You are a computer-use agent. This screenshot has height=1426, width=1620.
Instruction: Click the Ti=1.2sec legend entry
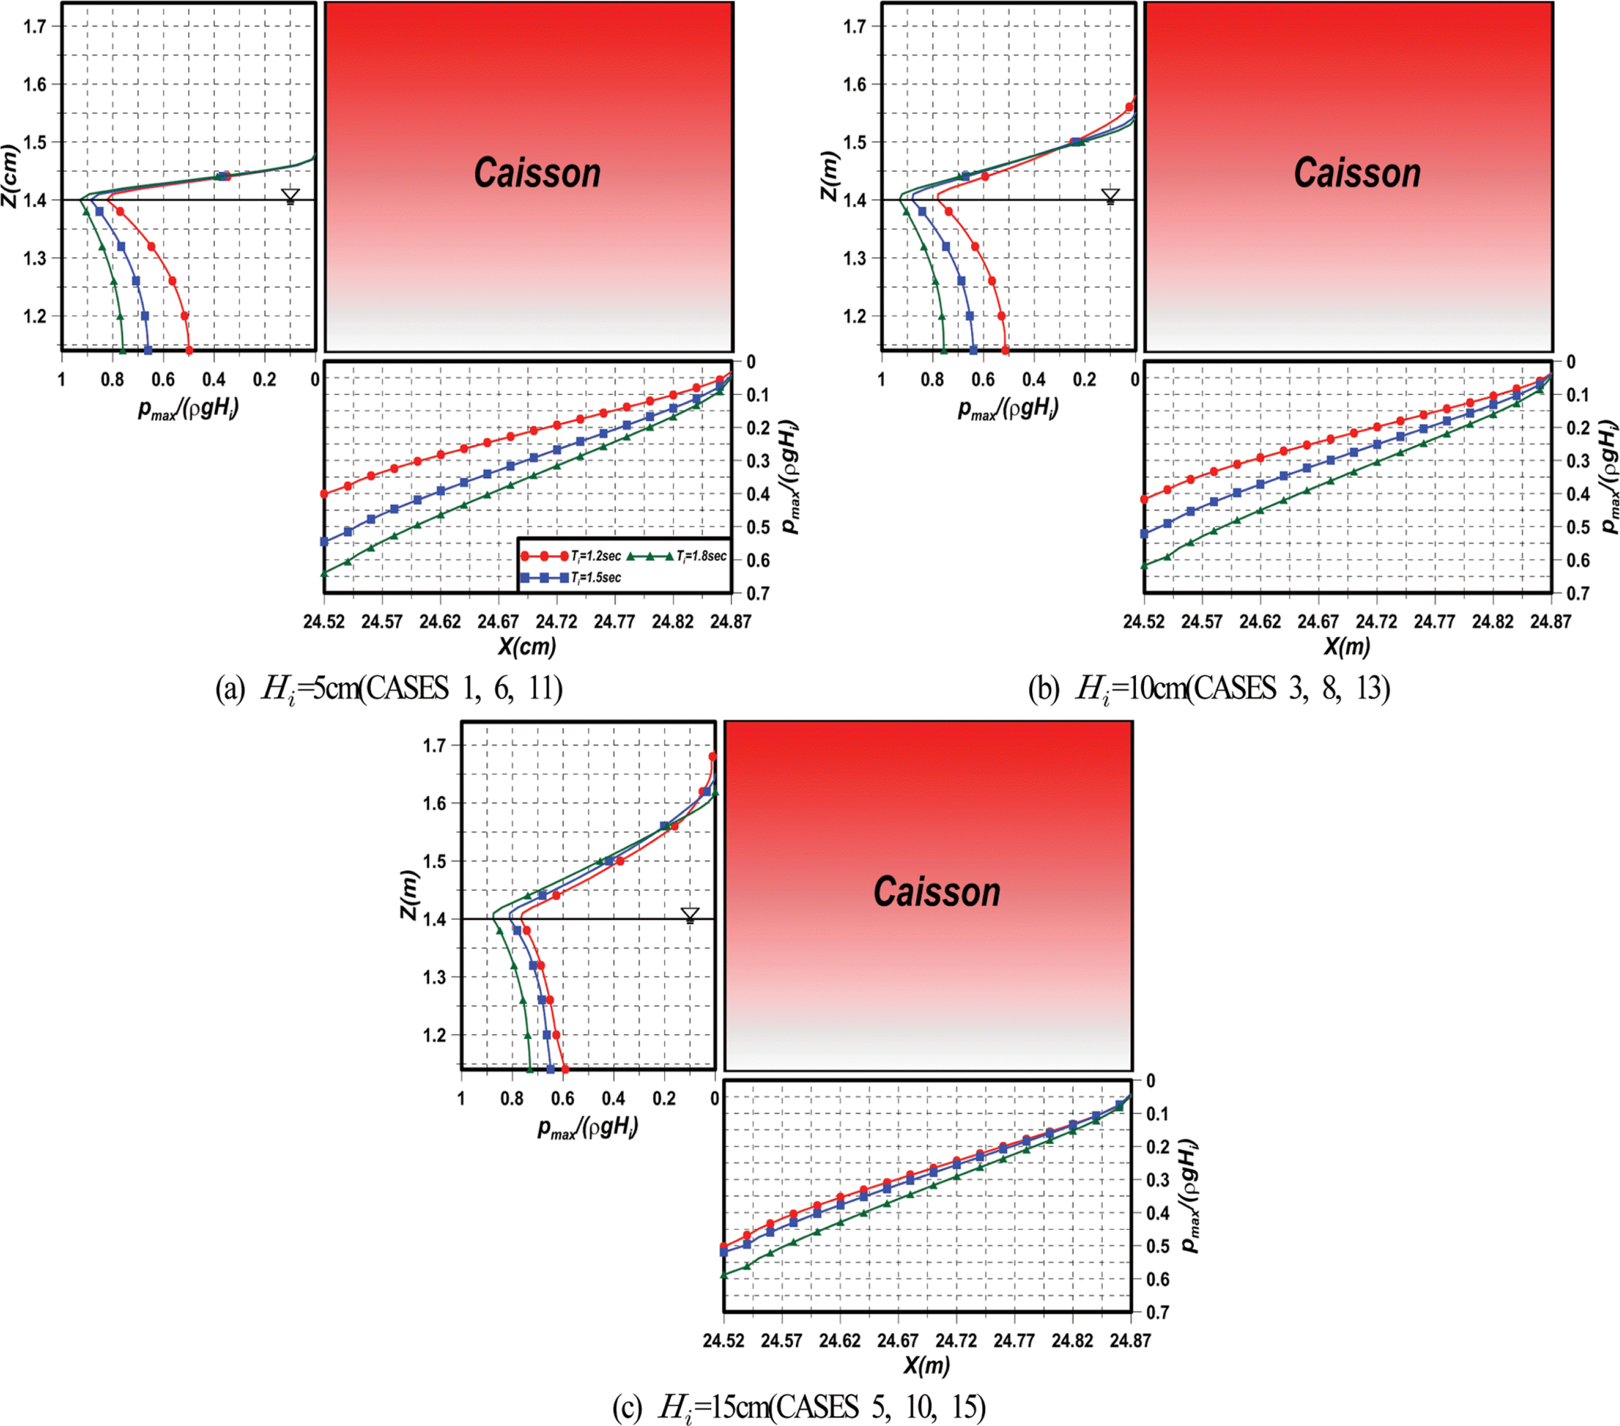(x=571, y=556)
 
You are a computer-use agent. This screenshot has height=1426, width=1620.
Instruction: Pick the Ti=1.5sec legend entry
(x=571, y=577)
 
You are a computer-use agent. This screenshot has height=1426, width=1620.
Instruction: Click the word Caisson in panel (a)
(x=537, y=173)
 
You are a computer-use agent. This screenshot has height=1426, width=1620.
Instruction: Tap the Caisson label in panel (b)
(x=1357, y=173)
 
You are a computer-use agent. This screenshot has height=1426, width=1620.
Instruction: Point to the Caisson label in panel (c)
(x=936, y=892)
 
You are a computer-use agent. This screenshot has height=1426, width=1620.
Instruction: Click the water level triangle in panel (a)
(x=291, y=196)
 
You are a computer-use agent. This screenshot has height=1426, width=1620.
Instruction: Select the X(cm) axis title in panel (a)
(x=527, y=646)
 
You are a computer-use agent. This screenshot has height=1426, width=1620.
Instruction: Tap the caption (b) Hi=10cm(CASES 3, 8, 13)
(x=1209, y=688)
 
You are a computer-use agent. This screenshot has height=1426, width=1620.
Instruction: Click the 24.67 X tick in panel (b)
(x=1318, y=621)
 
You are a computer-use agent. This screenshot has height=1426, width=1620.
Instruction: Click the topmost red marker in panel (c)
(x=712, y=756)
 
